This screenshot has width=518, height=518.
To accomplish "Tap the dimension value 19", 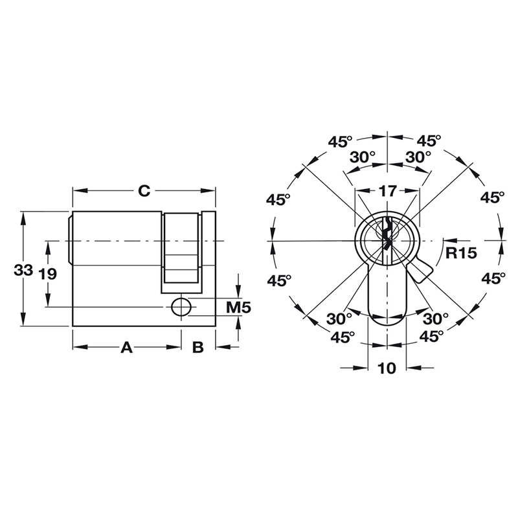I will pos(47,273).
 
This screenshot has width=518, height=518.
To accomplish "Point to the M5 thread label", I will pos(238,307).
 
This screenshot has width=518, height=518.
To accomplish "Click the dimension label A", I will pos(127,348).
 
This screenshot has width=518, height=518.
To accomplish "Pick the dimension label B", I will pos(198,348).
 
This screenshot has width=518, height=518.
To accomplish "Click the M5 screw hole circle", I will pos(181,308).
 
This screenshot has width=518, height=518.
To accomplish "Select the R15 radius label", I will pos(461,253).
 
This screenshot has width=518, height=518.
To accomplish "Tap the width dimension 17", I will pos(387,191).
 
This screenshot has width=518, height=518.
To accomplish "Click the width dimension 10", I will pos(387,368).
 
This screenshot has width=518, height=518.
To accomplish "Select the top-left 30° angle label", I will pos(363,157).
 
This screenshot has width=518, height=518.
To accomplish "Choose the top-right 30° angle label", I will pos(418,157).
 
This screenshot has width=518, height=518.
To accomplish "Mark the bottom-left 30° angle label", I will pos(339,319).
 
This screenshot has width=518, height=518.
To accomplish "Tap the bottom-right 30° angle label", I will pos(435,319).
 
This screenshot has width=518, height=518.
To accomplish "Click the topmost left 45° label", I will pos(339,141).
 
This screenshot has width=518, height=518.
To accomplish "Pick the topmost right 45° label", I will pos(429,141).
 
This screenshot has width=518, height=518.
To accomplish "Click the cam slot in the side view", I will pos(181,249).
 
